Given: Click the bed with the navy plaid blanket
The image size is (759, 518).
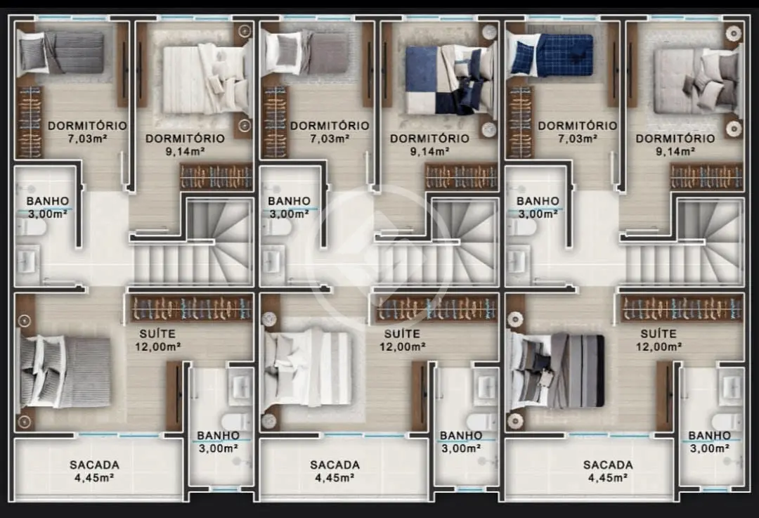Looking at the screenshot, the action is tap(551, 56).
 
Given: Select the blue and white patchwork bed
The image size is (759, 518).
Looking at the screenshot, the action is tap(449, 80).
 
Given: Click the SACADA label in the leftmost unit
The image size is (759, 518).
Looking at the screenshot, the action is tap(94, 465).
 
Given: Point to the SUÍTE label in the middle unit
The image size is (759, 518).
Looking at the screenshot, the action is tap(402, 334).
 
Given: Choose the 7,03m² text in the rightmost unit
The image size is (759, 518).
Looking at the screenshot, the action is tap(577, 139).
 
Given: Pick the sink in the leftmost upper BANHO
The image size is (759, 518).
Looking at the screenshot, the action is tap(27, 262).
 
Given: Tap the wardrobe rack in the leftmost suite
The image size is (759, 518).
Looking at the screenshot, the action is tap(192, 309).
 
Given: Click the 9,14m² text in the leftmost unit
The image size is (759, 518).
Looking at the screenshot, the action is tap(185, 152).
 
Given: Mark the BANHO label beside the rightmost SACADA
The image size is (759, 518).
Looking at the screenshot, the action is tap(709, 436).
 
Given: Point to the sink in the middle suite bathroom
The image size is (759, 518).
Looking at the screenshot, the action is tap(485, 385).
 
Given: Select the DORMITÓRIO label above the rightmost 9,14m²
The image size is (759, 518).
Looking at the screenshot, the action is tap(675, 138).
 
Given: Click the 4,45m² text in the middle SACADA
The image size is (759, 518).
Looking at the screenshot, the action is tap(335, 479).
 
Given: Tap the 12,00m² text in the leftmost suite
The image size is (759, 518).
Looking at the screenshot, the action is tap(158, 347).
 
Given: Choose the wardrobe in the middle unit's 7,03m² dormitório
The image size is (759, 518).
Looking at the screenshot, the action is tap(274, 122).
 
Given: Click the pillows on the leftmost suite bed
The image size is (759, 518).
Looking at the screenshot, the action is tap(39, 371).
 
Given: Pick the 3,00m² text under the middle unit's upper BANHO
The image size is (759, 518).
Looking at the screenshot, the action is tap(289, 214).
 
